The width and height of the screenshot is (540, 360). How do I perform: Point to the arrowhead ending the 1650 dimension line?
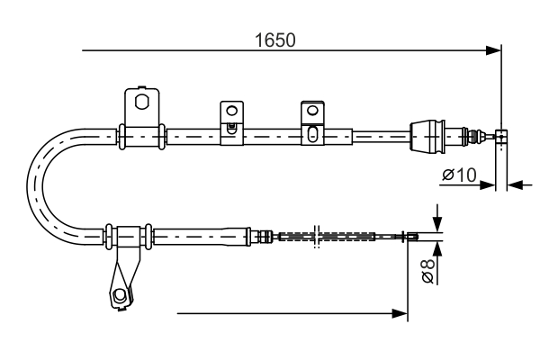pyautogui.click(x=493, y=50)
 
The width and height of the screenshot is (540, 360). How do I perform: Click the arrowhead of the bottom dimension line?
pyautogui.click(x=401, y=314)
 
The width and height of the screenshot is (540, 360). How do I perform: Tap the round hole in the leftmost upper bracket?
pyautogui.click(x=141, y=102)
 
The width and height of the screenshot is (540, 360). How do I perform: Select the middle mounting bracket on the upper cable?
pyautogui.click(x=232, y=118)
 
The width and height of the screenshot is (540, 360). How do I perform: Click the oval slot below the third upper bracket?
pyautogui.click(x=311, y=136)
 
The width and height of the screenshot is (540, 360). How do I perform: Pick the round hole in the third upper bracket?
pyautogui.click(x=311, y=111)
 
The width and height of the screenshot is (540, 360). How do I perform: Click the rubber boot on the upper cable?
pyautogui.click(x=428, y=137)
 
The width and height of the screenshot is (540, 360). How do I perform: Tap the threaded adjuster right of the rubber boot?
pyautogui.click(x=469, y=137)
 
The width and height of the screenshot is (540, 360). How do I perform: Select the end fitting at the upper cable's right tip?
pyautogui.click(x=502, y=137)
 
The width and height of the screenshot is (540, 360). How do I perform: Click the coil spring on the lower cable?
pyautogui.click(x=326, y=237)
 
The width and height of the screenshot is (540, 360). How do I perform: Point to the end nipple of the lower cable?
pyautogui.click(x=413, y=237)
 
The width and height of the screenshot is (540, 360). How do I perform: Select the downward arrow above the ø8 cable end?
pyautogui.click(x=436, y=223)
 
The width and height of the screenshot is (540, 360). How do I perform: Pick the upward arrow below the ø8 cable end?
pyautogui.click(x=436, y=249)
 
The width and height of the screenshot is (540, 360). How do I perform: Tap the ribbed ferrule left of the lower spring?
pyautogui.click(x=265, y=237)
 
